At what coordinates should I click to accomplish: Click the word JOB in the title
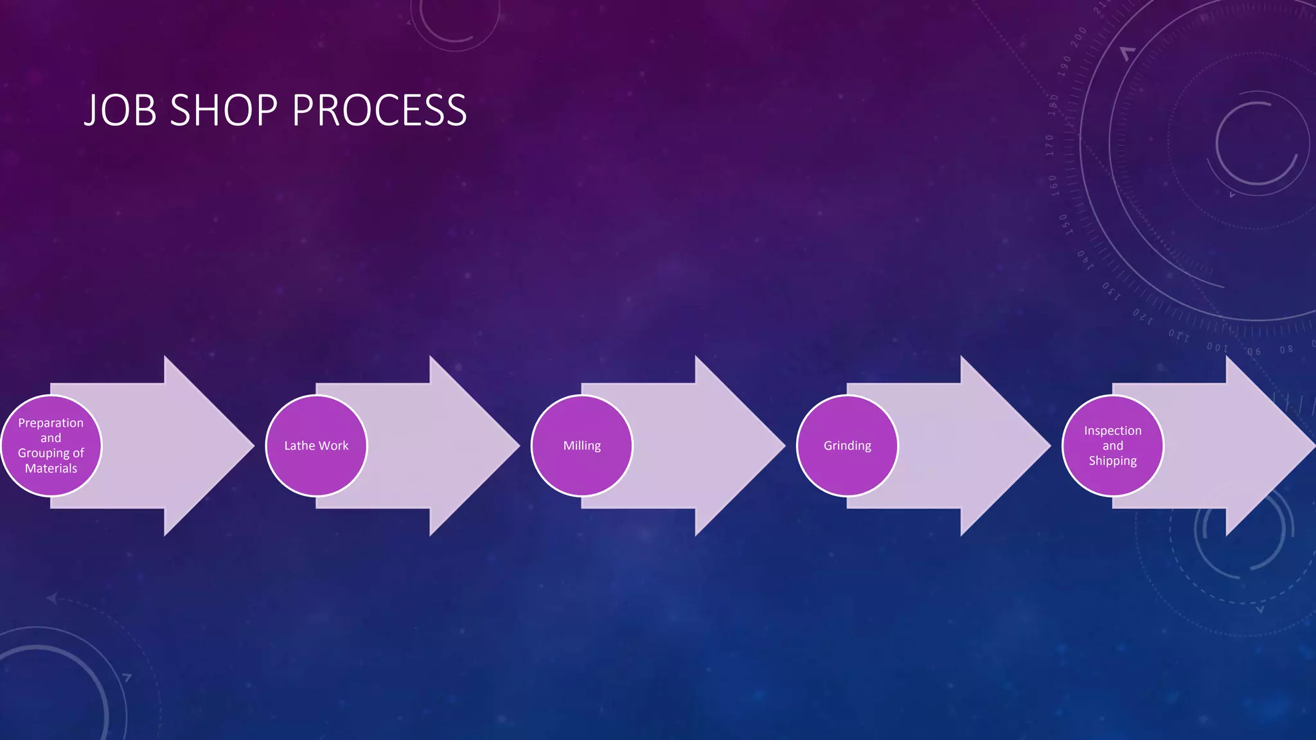click(x=120, y=110)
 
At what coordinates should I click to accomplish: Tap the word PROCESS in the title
click(x=379, y=110)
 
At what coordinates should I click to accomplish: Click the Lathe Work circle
click(x=316, y=446)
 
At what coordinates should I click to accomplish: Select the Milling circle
click(x=582, y=446)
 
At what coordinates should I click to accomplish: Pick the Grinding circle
click(x=847, y=446)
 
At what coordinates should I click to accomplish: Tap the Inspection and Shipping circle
click(x=1112, y=446)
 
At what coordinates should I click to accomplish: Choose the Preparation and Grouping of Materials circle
click(x=51, y=446)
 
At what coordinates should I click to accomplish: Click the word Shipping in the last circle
click(x=1112, y=461)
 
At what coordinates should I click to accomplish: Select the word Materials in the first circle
click(x=51, y=468)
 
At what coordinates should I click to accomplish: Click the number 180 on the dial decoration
click(x=1053, y=105)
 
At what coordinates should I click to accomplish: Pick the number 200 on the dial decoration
click(x=1079, y=36)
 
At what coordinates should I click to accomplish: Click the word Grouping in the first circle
click(x=43, y=454)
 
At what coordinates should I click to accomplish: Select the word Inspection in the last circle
click(x=1112, y=430)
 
